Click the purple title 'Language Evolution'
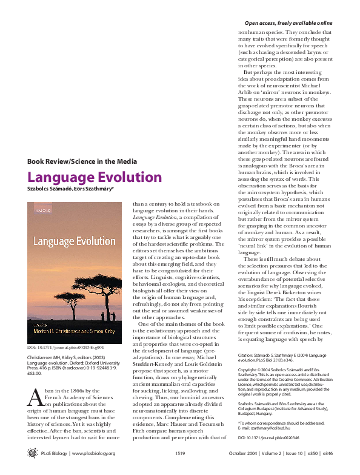point(95,178)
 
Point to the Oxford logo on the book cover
point(41,209)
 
